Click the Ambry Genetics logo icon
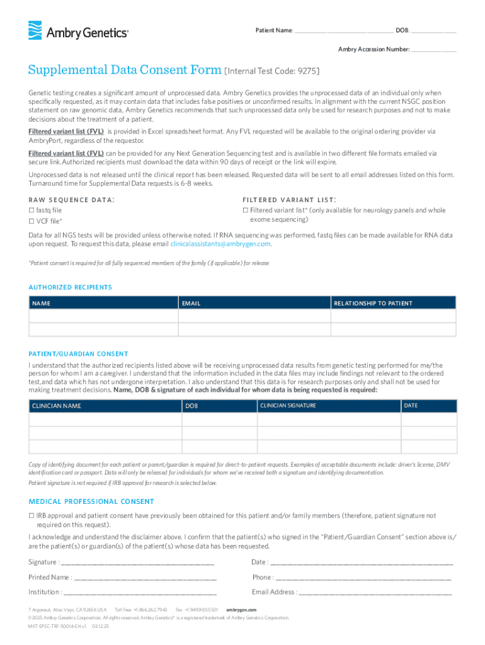35,31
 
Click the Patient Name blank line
344,30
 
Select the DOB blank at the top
434,30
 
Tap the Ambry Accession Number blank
434,49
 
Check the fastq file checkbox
31,210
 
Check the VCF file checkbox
31,221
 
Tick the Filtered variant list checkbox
245,210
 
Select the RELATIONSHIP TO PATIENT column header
373,304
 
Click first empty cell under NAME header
103,316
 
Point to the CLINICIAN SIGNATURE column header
288,406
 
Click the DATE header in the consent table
410,406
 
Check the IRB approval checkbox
31,516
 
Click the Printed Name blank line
145,577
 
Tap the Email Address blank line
375,592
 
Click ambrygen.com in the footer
241,610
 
